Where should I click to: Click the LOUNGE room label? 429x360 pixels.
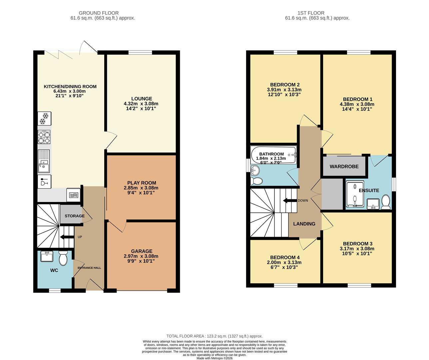(142, 99)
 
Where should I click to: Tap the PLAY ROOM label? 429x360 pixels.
(142, 183)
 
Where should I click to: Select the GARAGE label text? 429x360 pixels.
(142, 251)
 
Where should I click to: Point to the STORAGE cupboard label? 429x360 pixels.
(74, 216)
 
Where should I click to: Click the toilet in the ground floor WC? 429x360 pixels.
(63, 258)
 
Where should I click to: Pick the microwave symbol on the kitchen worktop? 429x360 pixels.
(73, 195)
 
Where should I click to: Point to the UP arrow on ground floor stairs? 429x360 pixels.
(67, 237)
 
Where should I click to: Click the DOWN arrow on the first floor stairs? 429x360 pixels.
(289, 200)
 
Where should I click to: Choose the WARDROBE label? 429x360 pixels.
(344, 166)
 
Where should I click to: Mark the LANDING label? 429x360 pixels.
(304, 224)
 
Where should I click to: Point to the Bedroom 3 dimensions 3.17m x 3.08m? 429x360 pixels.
(357, 248)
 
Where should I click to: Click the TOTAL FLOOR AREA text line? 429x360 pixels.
(214, 336)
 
